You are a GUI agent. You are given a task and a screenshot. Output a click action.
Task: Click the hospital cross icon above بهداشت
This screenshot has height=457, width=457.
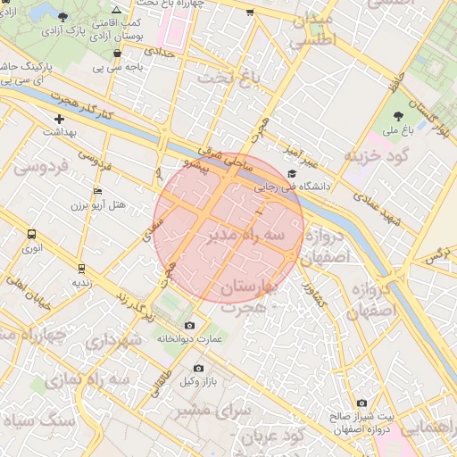pyautogui.click(x=60, y=118)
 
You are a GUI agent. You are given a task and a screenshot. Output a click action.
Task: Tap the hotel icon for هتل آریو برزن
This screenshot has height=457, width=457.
pyautogui.click(x=97, y=192)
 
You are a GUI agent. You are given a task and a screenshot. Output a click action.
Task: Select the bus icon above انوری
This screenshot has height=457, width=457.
pyautogui.click(x=32, y=235)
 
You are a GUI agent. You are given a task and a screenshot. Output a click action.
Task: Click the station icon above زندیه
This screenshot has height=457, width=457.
pyautogui.click(x=81, y=268)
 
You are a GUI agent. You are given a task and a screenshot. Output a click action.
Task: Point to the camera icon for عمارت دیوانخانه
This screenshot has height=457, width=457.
pyautogui.click(x=188, y=326)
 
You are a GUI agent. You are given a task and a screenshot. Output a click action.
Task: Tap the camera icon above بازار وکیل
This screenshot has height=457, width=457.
pyautogui.click(x=198, y=368)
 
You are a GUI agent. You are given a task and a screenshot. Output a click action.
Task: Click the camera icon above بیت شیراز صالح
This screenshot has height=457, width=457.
pyautogui.click(x=361, y=403)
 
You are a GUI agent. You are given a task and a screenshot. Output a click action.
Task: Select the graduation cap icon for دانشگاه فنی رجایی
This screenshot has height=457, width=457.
pyautogui.click(x=292, y=174)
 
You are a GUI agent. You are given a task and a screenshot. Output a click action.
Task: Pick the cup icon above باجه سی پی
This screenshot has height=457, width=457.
pyautogui.click(x=117, y=53)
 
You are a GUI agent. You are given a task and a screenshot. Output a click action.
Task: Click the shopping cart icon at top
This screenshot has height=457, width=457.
pyautogui.click(x=249, y=12)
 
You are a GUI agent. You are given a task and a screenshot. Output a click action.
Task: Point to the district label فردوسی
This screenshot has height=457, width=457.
pyautogui.click(x=37, y=166)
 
